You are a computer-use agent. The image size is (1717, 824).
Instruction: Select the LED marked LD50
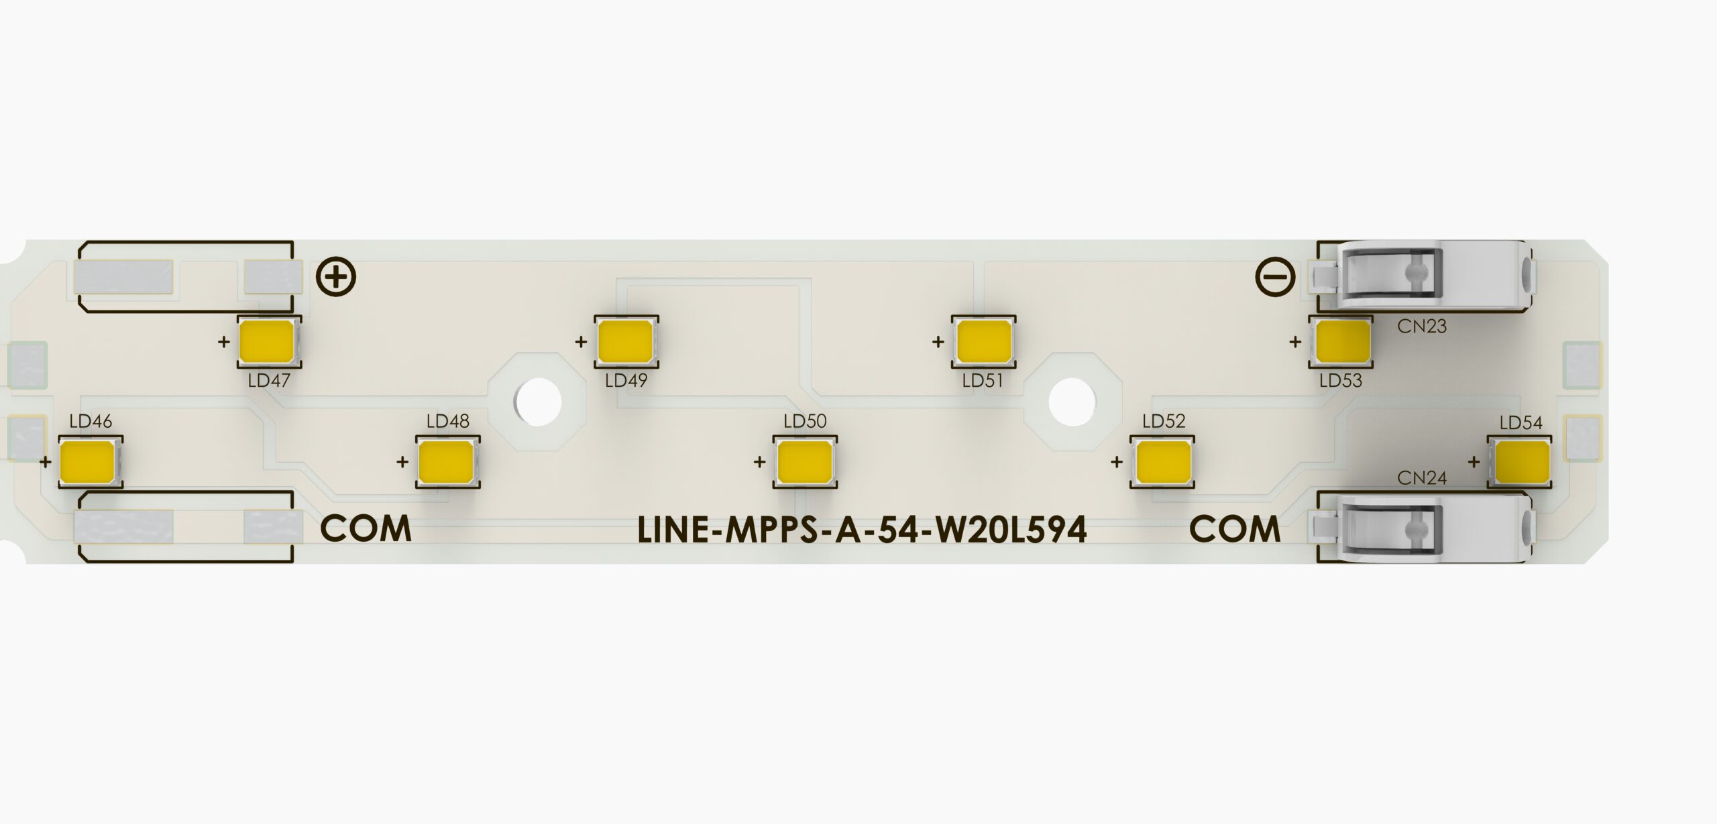805,462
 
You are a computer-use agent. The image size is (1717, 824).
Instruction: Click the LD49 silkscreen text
626,381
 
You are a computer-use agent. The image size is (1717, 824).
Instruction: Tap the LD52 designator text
1164,421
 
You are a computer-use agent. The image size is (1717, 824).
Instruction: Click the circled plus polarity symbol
336,277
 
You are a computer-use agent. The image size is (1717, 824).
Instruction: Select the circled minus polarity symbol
1276,277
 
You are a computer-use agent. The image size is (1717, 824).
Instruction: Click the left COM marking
366,529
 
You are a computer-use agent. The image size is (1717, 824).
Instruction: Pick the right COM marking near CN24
1235,529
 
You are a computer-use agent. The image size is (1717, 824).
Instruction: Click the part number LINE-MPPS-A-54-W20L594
862,530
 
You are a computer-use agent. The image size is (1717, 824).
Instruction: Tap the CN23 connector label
1422,327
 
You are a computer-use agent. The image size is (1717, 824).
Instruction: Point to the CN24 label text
1422,478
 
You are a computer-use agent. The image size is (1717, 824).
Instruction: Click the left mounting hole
539,402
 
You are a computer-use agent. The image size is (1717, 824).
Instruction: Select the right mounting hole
1071,402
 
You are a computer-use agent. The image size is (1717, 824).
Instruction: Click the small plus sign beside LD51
938,342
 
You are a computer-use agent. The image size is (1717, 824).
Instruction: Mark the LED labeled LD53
1342,341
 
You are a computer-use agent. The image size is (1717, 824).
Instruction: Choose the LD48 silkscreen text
447,421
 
